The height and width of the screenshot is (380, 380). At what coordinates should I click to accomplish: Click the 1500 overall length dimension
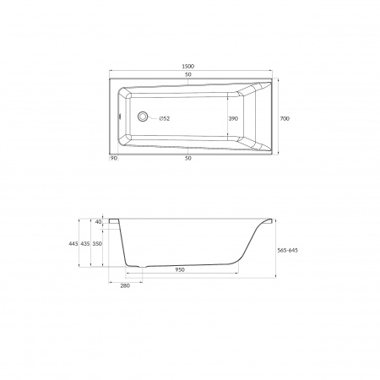pos(188,67)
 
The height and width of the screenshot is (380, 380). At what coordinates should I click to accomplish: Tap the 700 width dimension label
pos(285,119)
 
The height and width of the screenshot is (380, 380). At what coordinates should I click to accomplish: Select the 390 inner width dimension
pos(233,119)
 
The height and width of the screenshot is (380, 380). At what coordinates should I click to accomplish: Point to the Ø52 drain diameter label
pos(165,119)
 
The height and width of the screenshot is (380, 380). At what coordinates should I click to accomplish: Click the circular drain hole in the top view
pos(143,117)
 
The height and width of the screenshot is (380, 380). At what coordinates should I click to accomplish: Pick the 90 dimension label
pos(113,158)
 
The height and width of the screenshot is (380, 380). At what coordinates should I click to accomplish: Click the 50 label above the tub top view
pos(188,74)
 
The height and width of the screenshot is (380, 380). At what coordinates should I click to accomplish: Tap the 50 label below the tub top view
pos(188,158)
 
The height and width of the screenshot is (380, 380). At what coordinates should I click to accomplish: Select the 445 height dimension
pos(73,244)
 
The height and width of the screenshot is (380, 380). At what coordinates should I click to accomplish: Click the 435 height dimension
pos(85,244)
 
